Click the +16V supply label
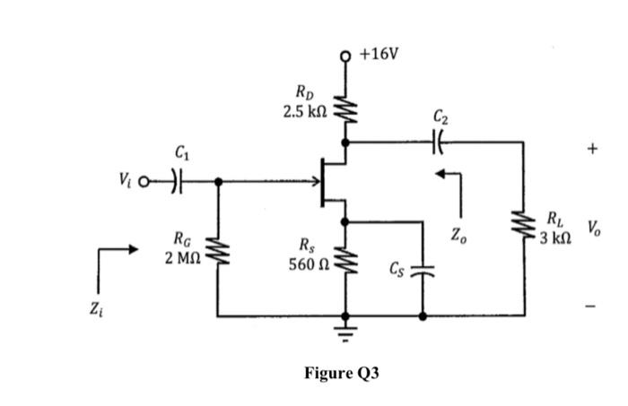tap(379, 54)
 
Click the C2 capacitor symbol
tap(439, 141)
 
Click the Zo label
tap(458, 236)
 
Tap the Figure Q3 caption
tap(341, 373)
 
